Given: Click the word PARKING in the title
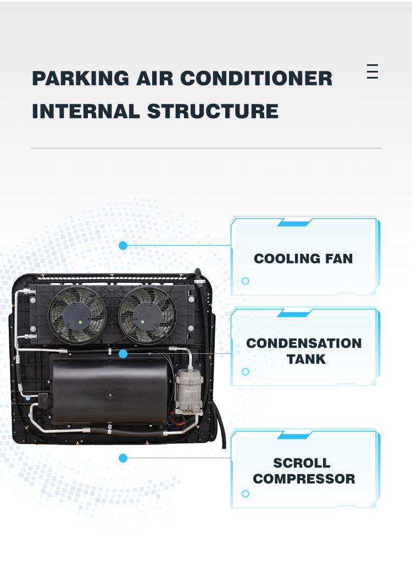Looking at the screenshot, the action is click(81, 79).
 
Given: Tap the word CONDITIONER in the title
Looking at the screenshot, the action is click(256, 79).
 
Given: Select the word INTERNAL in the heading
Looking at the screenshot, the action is click(86, 112).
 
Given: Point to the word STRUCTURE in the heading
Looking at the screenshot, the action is click(213, 112).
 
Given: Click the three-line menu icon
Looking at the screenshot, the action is click(372, 71).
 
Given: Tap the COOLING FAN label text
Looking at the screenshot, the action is click(303, 259).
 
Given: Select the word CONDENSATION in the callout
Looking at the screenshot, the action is click(304, 343).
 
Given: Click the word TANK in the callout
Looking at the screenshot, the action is click(306, 359).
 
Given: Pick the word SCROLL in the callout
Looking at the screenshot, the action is click(302, 463).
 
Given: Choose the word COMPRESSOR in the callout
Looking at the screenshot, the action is click(304, 479).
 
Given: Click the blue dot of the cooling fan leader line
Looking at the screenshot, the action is click(123, 246).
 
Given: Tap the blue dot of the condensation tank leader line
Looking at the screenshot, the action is click(123, 354).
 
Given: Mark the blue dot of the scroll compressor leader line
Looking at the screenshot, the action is click(123, 458).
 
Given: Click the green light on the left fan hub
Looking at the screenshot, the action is click(80, 322).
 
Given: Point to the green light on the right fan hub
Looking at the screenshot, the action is click(143, 322).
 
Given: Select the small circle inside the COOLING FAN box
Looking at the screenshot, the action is click(246, 281).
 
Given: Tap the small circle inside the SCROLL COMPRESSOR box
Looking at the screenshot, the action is click(246, 493).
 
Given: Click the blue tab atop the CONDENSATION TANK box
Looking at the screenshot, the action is click(294, 314).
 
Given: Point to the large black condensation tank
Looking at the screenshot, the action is click(110, 390).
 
